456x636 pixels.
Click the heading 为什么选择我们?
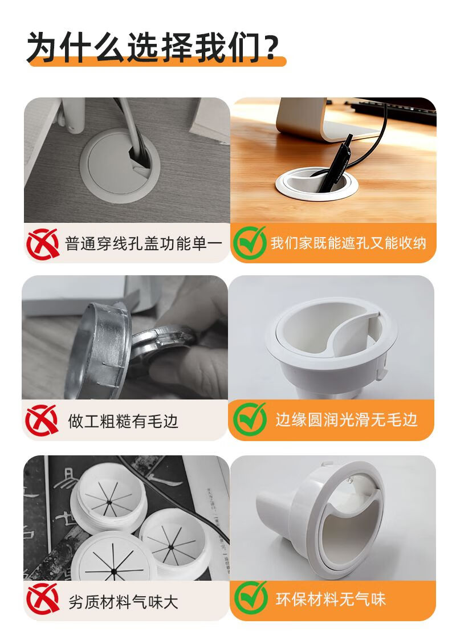click(153, 47)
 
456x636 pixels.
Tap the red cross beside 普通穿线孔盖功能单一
click(43, 243)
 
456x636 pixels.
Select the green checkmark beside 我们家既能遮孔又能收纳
click(250, 243)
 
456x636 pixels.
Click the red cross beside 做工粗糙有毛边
click(42, 420)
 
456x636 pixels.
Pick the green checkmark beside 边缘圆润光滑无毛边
click(250, 419)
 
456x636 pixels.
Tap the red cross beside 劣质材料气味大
click(43, 599)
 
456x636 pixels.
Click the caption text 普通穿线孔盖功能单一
click(144, 244)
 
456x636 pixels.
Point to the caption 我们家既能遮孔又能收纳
click(348, 243)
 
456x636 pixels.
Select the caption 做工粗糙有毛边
click(123, 421)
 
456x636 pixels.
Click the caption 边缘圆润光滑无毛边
click(346, 420)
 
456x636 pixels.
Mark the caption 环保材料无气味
click(330, 599)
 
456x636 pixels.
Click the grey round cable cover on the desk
click(120, 166)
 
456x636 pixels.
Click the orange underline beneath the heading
click(156, 62)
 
